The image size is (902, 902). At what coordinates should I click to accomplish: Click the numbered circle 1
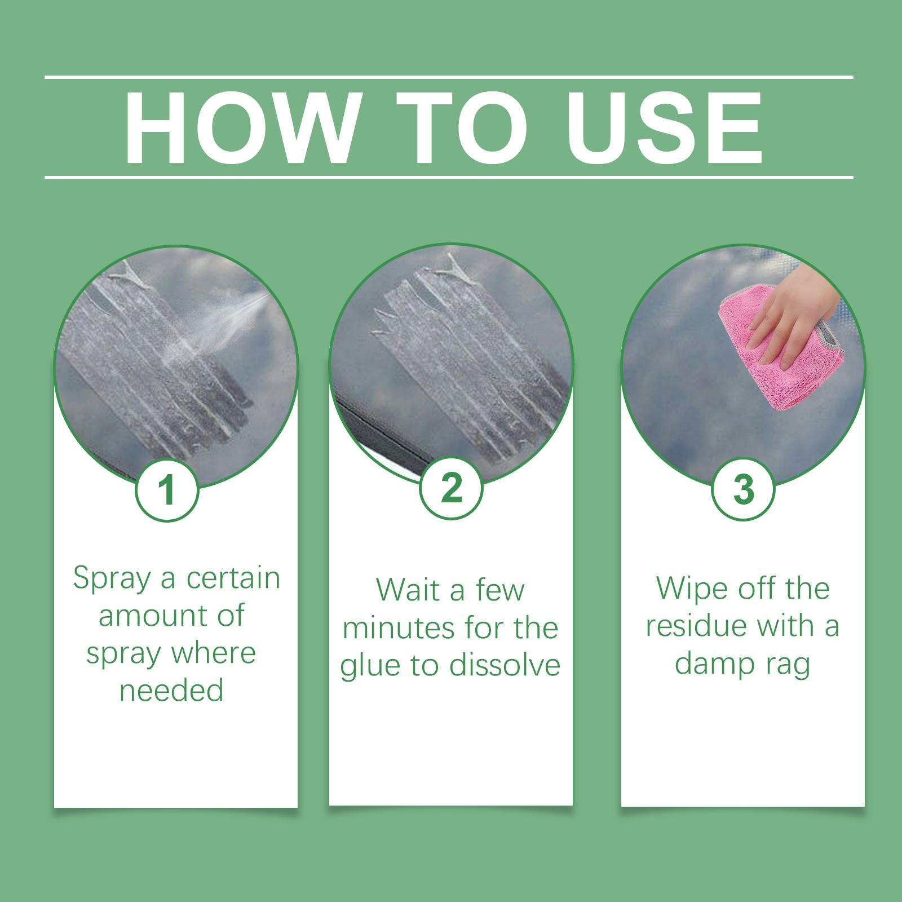click(167, 490)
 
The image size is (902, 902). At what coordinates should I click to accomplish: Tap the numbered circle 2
click(452, 488)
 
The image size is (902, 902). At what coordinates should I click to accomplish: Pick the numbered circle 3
click(743, 489)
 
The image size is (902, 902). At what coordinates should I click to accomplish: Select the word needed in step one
click(171, 690)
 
